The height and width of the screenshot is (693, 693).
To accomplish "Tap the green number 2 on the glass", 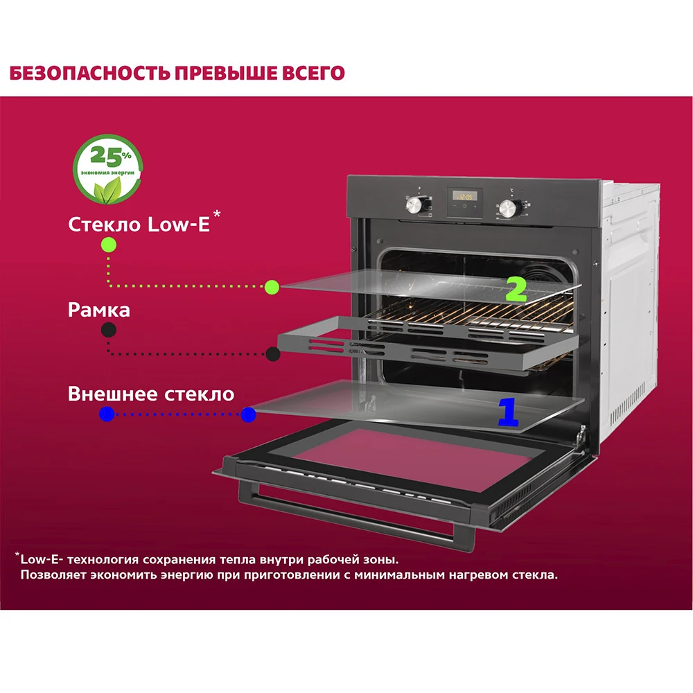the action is point(516,290).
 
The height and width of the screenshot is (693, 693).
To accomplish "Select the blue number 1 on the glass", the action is point(508,412).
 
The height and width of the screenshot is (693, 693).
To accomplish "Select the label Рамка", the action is point(98,310).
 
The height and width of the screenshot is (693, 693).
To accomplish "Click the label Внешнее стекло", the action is point(151,394).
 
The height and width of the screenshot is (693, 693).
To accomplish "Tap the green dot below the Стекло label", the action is point(108,244).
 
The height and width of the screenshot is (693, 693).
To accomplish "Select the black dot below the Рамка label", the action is point(108,330).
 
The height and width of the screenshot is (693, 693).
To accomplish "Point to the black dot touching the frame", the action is point(273,354).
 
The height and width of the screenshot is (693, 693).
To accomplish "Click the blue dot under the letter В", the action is point(107,414).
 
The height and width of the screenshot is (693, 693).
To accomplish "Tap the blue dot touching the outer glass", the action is point(248,415).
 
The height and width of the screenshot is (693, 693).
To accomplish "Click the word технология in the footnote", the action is point(94,559).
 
